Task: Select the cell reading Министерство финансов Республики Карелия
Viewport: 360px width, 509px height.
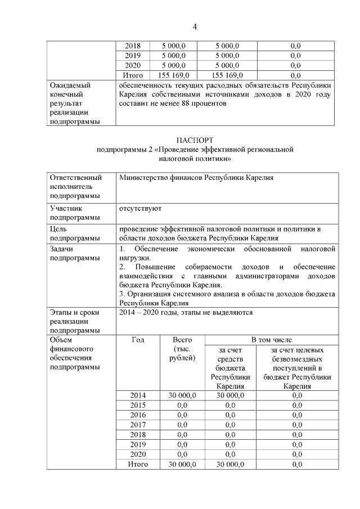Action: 196,177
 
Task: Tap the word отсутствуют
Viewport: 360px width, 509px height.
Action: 140,208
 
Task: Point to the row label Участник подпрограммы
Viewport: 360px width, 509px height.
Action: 70,213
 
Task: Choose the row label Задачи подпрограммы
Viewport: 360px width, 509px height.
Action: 70,253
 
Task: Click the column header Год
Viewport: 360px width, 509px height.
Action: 138,340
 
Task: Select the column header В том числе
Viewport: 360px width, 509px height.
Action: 271,340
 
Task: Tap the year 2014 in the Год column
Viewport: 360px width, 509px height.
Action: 138,395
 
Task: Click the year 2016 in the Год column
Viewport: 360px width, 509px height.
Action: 138,415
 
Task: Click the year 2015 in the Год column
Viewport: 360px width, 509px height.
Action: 138,405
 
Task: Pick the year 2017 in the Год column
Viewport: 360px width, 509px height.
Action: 138,425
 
